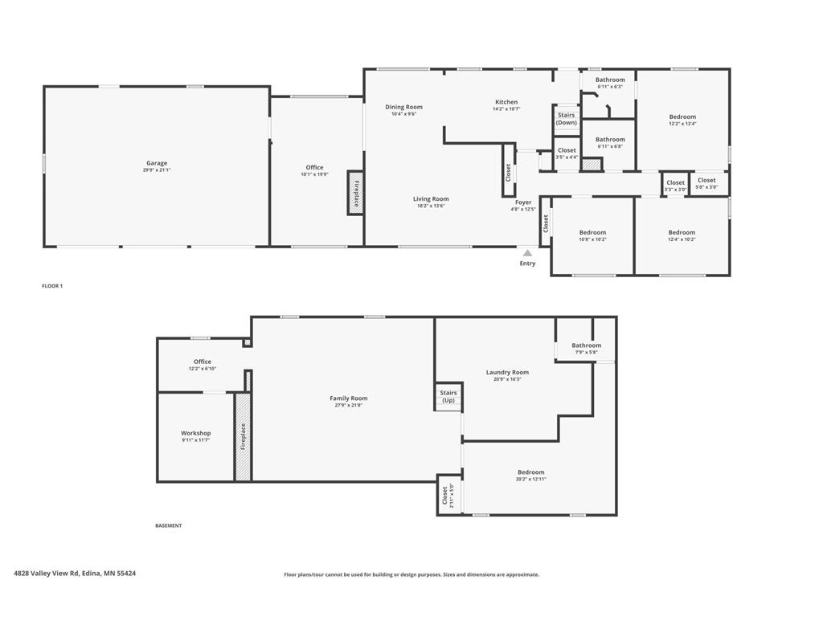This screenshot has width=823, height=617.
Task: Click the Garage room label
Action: [x=157, y=163]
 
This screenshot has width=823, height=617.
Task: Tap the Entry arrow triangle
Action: [x=527, y=253]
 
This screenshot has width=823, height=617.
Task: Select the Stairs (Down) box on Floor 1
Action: [x=567, y=119]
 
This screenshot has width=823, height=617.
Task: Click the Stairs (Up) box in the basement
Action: [x=448, y=396]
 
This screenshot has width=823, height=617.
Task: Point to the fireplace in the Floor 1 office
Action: [x=355, y=192]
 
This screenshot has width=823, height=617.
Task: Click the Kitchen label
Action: [x=506, y=102]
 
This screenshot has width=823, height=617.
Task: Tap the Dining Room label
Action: [x=403, y=107]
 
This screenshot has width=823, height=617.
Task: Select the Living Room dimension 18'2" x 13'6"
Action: [x=431, y=206]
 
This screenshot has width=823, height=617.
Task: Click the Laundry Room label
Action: [x=507, y=372]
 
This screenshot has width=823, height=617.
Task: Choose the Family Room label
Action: [x=348, y=398]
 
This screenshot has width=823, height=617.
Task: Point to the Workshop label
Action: [x=195, y=433]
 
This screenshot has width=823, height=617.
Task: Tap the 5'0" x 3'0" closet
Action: [x=706, y=183]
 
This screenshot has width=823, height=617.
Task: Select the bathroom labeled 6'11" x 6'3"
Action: [x=610, y=83]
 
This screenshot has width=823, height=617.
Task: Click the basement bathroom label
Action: [x=586, y=345]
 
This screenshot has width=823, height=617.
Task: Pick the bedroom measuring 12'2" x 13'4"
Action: [x=682, y=120]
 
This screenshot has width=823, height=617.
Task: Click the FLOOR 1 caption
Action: [x=52, y=286]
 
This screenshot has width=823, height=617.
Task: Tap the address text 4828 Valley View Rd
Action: [x=75, y=574]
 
